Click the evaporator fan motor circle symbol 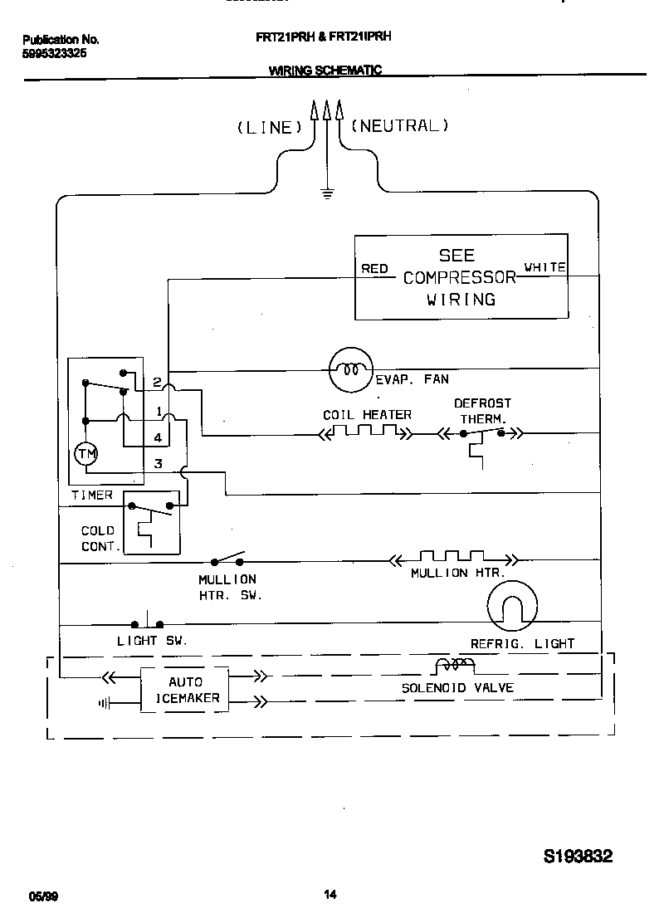351,369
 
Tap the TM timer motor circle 85,454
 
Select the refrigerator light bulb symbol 512,604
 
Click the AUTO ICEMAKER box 185,690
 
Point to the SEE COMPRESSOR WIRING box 461,277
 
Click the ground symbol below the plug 327,196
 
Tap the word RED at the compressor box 375,268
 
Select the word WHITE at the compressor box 544,267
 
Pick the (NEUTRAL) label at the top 400,125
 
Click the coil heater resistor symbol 364,432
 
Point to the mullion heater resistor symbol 452,559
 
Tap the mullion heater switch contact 228,559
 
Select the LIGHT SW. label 152,641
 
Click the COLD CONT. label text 98,538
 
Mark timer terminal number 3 158,464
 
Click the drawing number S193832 578,857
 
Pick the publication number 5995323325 55,52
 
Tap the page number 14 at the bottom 330,894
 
